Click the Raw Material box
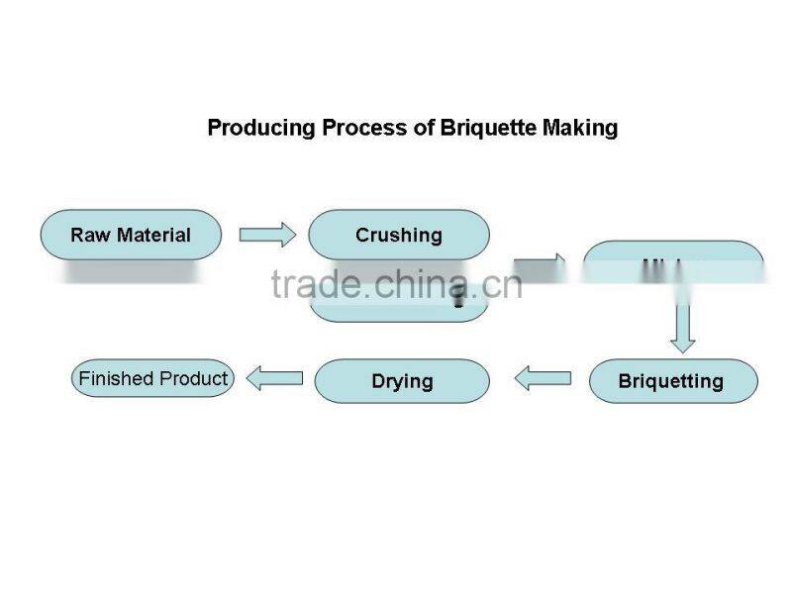point(130,235)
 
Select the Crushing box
point(399,235)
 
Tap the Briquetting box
point(672,381)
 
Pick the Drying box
point(402,381)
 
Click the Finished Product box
point(153,378)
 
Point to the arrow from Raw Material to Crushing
point(267,235)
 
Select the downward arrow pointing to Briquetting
point(682,327)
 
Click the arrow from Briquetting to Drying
point(544,378)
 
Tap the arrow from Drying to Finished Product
point(274,377)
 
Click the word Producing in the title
point(261,128)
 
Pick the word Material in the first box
point(153,235)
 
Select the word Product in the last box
point(194,378)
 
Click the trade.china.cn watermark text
point(396,285)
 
